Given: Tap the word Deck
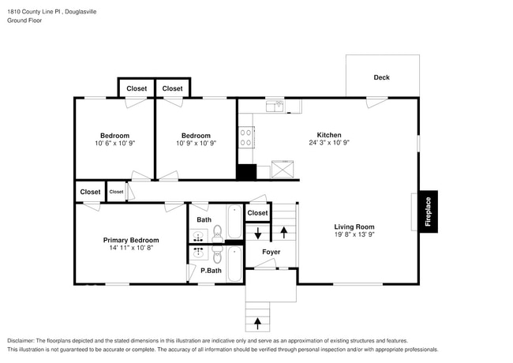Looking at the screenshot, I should click(381, 77).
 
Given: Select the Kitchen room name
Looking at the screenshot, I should click(329, 135).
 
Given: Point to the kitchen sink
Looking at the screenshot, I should click(275, 105).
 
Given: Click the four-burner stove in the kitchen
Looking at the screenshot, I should click(246, 137).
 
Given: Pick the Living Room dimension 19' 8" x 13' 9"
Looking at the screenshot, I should click(354, 235).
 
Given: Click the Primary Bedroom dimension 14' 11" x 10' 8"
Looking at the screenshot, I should click(130, 249).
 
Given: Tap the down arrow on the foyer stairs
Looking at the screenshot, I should click(257, 233).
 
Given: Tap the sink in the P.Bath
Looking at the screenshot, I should click(197, 253).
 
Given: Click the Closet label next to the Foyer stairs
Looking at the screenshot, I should click(257, 213).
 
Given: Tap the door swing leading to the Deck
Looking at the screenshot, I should click(376, 103).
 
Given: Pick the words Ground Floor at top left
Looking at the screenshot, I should click(25, 21).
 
